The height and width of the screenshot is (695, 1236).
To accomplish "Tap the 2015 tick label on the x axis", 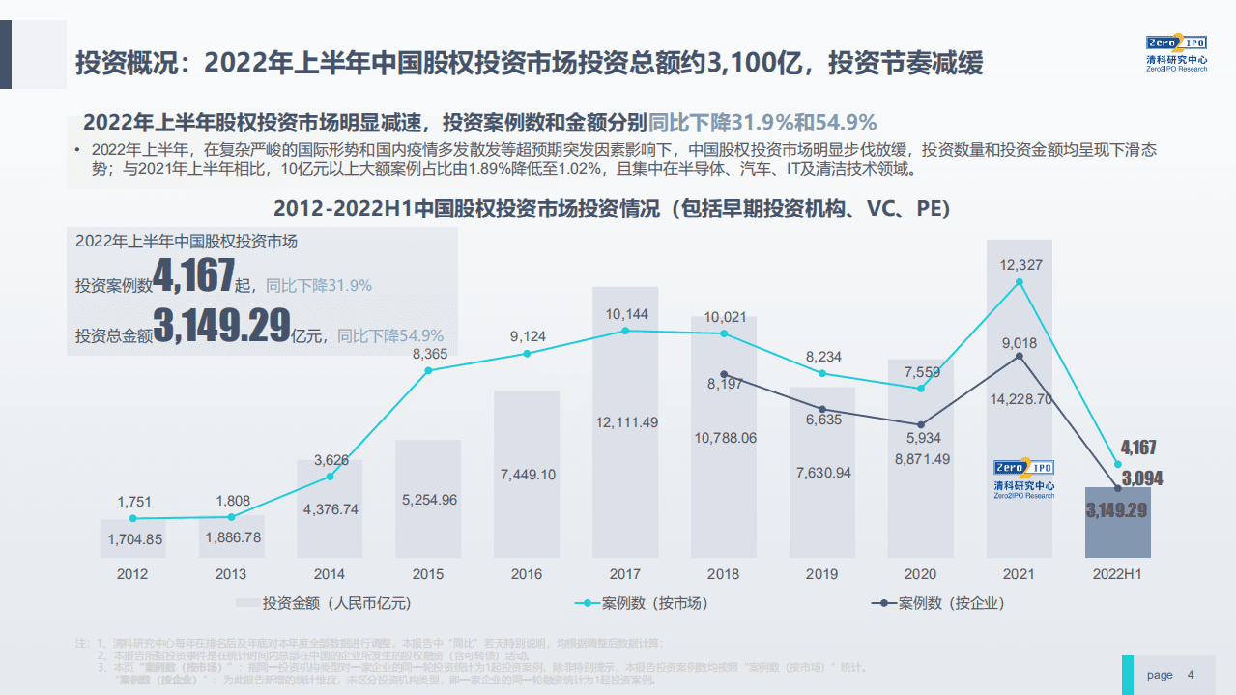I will click(428, 574).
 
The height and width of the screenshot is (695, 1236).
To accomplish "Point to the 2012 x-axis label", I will click(132, 574).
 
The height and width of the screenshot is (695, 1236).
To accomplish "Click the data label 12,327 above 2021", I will click(1020, 265).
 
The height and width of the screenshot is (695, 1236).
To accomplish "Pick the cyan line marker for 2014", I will click(330, 477).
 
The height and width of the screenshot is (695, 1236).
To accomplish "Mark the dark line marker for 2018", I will click(724, 375).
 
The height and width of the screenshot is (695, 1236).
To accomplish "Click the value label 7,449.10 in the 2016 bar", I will click(528, 474).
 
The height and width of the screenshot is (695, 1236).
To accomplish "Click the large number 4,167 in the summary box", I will click(194, 277).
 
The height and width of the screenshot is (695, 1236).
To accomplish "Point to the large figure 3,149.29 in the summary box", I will click(221, 327).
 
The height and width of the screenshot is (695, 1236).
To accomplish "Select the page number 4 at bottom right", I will click(1191, 675).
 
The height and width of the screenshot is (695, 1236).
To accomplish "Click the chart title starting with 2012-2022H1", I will click(612, 209).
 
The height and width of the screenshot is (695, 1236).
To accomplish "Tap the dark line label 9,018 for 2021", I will click(1020, 342).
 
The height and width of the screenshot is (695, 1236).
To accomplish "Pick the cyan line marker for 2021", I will click(1020, 282).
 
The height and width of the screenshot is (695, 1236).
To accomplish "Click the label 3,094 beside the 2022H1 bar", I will click(1142, 478).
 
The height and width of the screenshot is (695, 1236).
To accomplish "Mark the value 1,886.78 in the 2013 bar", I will click(231, 537).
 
